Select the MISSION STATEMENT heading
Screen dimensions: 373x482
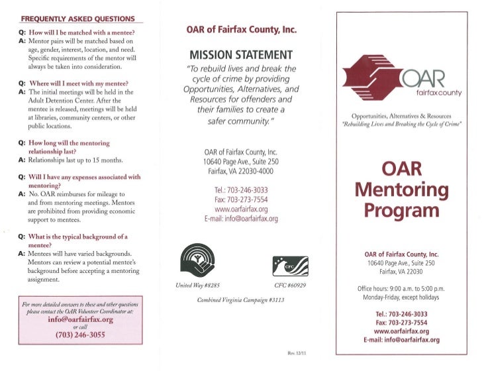[x=241, y=54]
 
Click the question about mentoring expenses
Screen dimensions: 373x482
[x=84, y=182]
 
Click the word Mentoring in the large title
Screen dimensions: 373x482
[x=402, y=191]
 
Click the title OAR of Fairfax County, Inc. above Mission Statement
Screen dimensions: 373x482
[x=241, y=30]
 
